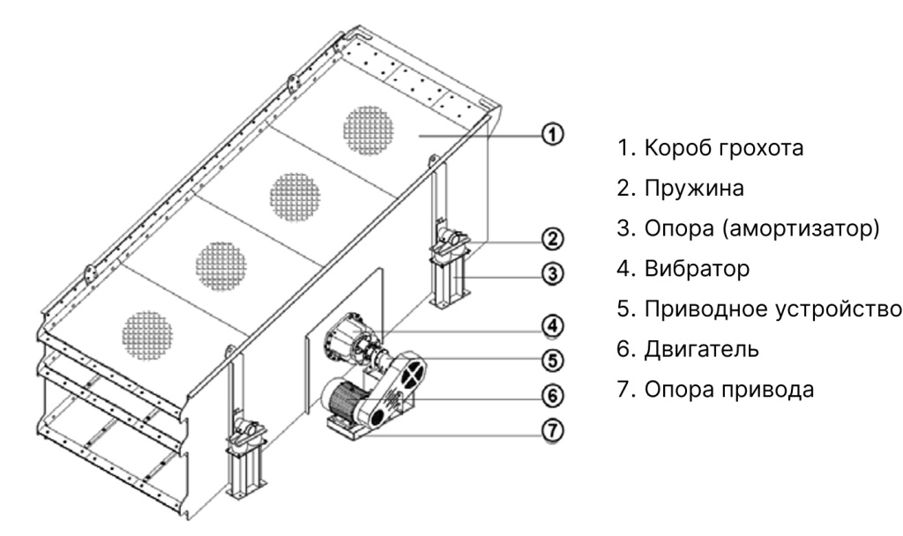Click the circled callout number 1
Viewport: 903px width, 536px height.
click(x=553, y=135)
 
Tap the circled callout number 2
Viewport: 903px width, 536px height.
click(x=553, y=238)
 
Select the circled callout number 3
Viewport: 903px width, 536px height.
click(x=553, y=274)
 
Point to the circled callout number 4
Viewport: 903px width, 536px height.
click(x=553, y=325)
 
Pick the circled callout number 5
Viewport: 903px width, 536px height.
click(x=553, y=359)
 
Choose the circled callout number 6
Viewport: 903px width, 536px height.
click(x=553, y=394)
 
